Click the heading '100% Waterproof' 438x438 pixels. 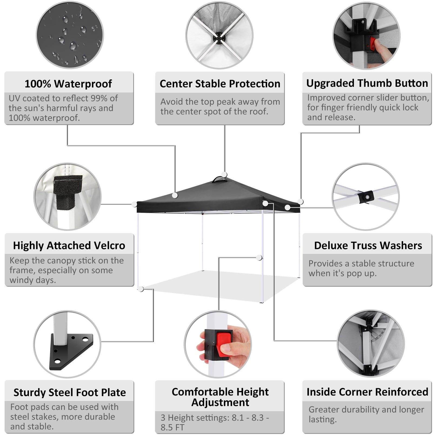[68, 84]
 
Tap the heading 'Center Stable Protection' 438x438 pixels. [220, 84]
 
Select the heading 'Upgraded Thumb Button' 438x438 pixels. [367, 83]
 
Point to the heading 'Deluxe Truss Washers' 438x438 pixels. [368, 245]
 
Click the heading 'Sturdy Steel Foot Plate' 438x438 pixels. [69, 392]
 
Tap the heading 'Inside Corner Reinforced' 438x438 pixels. [367, 392]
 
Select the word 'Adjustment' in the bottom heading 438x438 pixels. [220, 403]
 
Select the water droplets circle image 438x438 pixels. [70, 35]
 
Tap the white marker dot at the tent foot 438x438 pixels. [141, 289]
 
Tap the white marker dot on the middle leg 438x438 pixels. [259, 257]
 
